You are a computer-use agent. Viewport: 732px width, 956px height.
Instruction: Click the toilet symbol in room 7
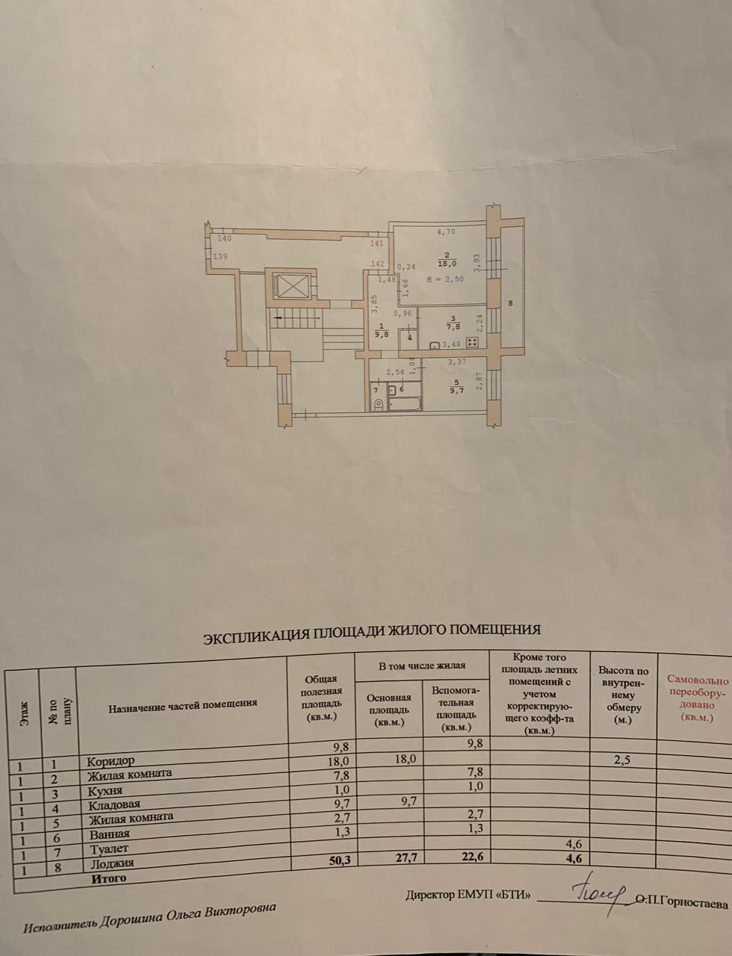tap(377, 406)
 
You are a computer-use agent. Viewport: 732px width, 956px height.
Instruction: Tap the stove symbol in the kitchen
tap(471, 343)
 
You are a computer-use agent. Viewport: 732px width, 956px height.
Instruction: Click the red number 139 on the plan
tap(220, 257)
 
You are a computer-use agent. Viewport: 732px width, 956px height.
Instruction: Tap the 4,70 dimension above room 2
tap(446, 232)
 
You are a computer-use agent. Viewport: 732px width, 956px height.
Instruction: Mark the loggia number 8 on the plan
tap(509, 302)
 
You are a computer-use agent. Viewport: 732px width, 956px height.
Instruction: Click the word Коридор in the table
tap(110, 762)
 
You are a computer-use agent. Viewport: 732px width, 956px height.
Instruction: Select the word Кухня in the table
tap(104, 790)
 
